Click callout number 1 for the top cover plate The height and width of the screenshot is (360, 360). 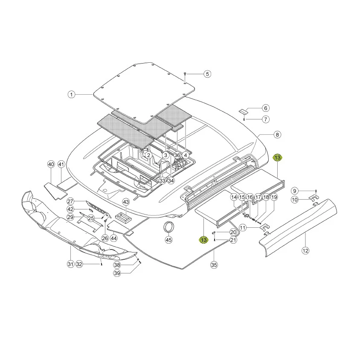[71, 95]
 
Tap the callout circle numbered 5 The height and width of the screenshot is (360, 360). [207, 74]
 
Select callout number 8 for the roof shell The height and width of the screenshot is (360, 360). [277, 134]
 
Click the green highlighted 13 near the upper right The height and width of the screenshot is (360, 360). [277, 158]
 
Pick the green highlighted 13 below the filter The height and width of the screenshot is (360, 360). [203, 240]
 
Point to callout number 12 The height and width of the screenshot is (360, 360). [305, 250]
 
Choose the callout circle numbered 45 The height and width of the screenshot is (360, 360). [169, 240]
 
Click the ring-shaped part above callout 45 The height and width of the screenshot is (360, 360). [168, 223]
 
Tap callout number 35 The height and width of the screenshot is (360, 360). [214, 265]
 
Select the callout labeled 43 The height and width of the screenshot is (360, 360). [126, 202]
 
